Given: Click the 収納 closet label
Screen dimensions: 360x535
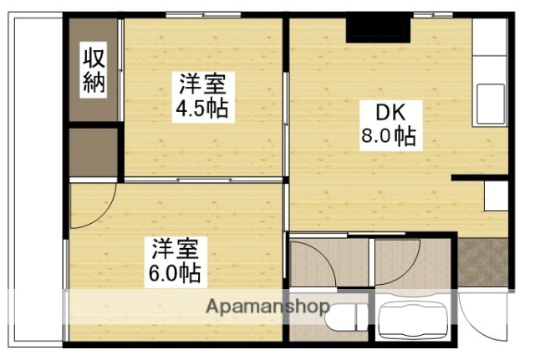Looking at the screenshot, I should (x=92, y=71).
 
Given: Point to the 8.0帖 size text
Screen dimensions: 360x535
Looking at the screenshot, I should (x=389, y=135).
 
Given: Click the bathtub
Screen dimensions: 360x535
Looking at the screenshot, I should (x=414, y=322).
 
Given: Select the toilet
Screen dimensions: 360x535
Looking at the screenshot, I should (x=345, y=317).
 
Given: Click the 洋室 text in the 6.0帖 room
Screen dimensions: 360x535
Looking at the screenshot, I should (x=176, y=248).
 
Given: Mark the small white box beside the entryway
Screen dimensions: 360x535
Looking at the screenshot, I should (x=495, y=197).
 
